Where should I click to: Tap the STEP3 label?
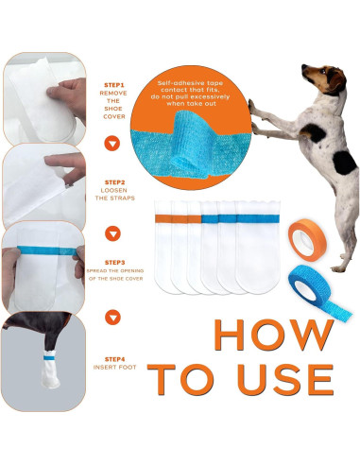[x=113, y=262]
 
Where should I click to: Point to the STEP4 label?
[x=113, y=358]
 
